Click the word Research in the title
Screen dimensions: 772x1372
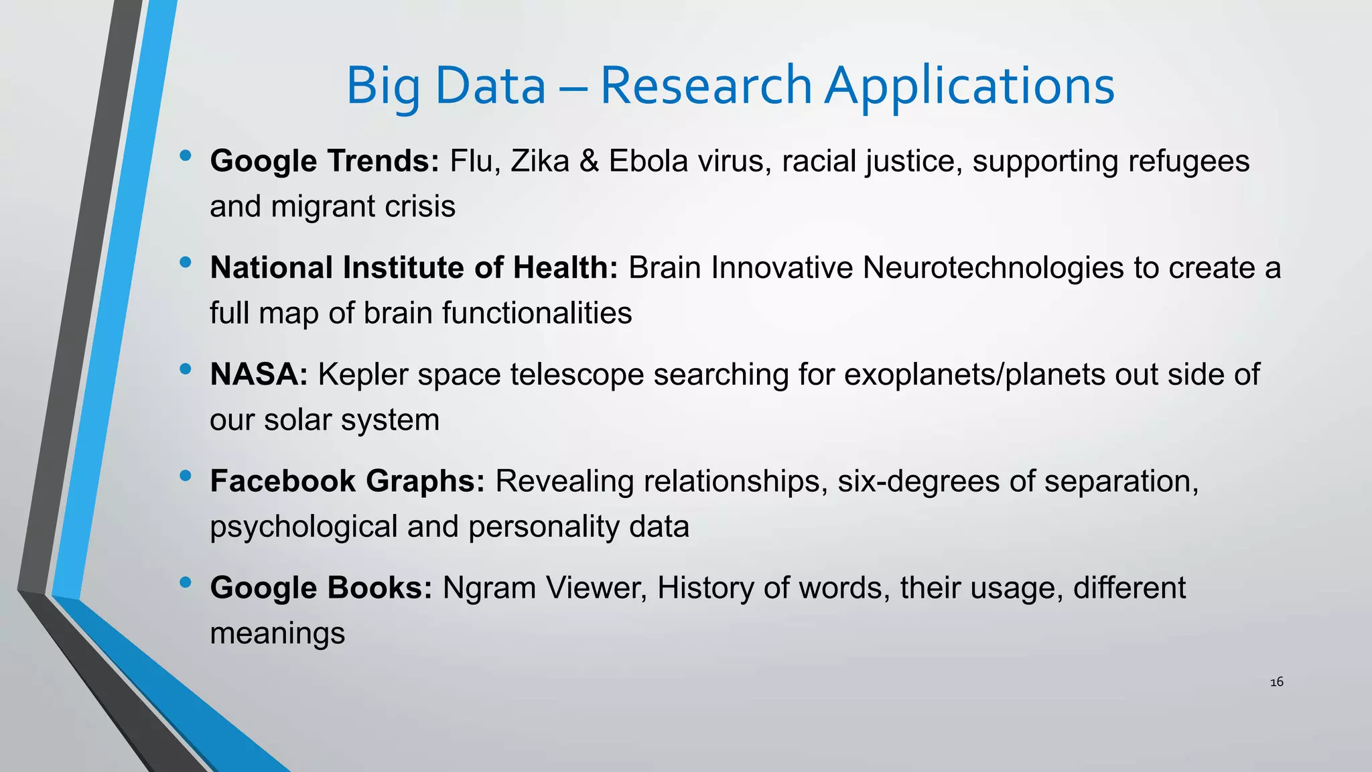tap(705, 86)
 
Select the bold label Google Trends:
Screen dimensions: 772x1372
tap(324, 162)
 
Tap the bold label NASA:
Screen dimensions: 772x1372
tap(259, 375)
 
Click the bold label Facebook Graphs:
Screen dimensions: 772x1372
tap(347, 481)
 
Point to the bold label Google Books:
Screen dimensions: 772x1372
tap(321, 588)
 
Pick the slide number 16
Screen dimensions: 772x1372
tap(1276, 682)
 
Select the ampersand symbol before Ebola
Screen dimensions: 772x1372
tap(589, 162)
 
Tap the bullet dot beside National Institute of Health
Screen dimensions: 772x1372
tap(186, 263)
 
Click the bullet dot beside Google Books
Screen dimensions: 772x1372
tap(186, 583)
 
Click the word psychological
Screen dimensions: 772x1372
tap(303, 527)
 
